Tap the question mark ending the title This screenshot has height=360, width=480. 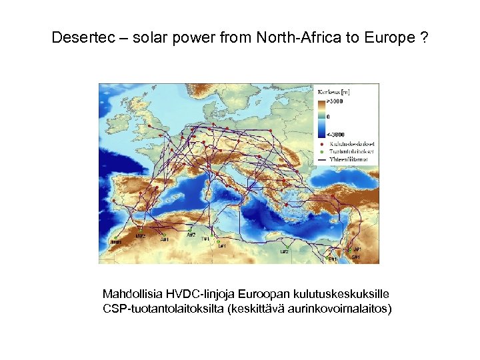[424, 38]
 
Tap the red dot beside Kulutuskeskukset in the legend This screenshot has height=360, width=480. [323, 143]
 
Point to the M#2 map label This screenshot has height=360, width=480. [141, 236]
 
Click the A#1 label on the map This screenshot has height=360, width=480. [165, 239]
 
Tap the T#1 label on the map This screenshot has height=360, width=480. [206, 239]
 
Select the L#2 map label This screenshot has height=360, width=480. [284, 251]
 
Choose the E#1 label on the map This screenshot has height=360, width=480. [333, 259]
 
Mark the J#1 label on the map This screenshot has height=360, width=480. [357, 249]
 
